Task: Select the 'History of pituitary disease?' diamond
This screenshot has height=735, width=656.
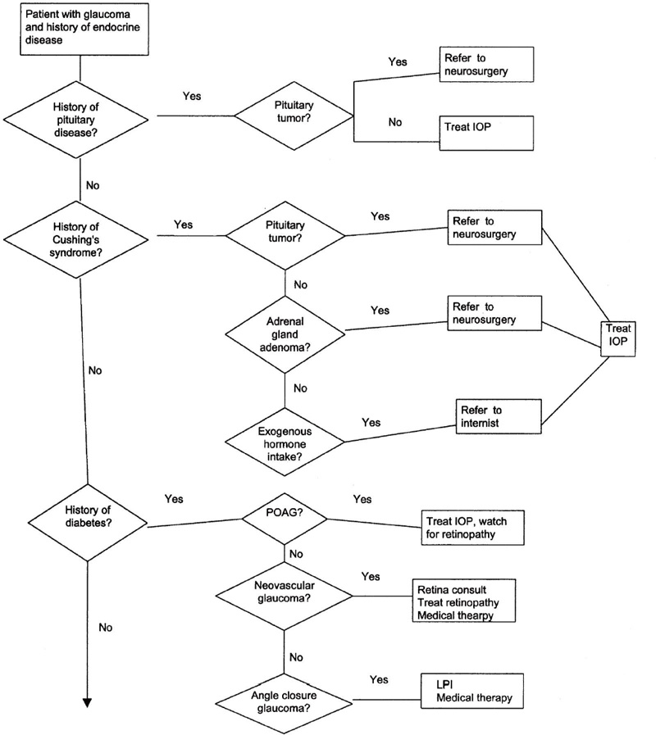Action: [79, 115]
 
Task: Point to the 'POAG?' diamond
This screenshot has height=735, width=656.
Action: [285, 518]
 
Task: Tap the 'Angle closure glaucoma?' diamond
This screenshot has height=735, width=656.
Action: [285, 699]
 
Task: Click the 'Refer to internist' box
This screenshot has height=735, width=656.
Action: [500, 415]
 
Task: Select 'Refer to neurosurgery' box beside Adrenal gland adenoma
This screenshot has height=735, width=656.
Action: [495, 311]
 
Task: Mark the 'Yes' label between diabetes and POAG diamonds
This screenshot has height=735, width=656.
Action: [174, 498]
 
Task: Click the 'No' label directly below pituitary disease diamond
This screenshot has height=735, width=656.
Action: [92, 186]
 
